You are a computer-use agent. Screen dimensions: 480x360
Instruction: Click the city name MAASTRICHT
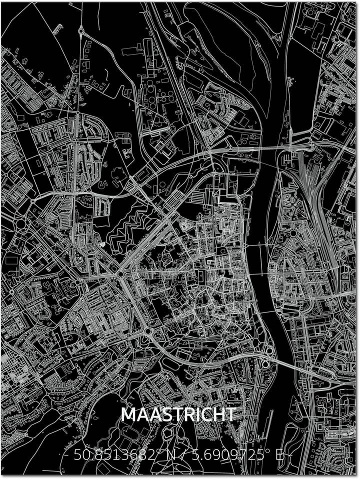point(178,415)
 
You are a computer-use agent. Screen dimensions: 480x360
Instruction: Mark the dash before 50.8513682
point(66,456)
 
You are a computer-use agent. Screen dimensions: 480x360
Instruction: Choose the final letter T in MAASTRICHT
point(231,415)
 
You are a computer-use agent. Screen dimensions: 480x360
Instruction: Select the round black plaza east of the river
point(293,233)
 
